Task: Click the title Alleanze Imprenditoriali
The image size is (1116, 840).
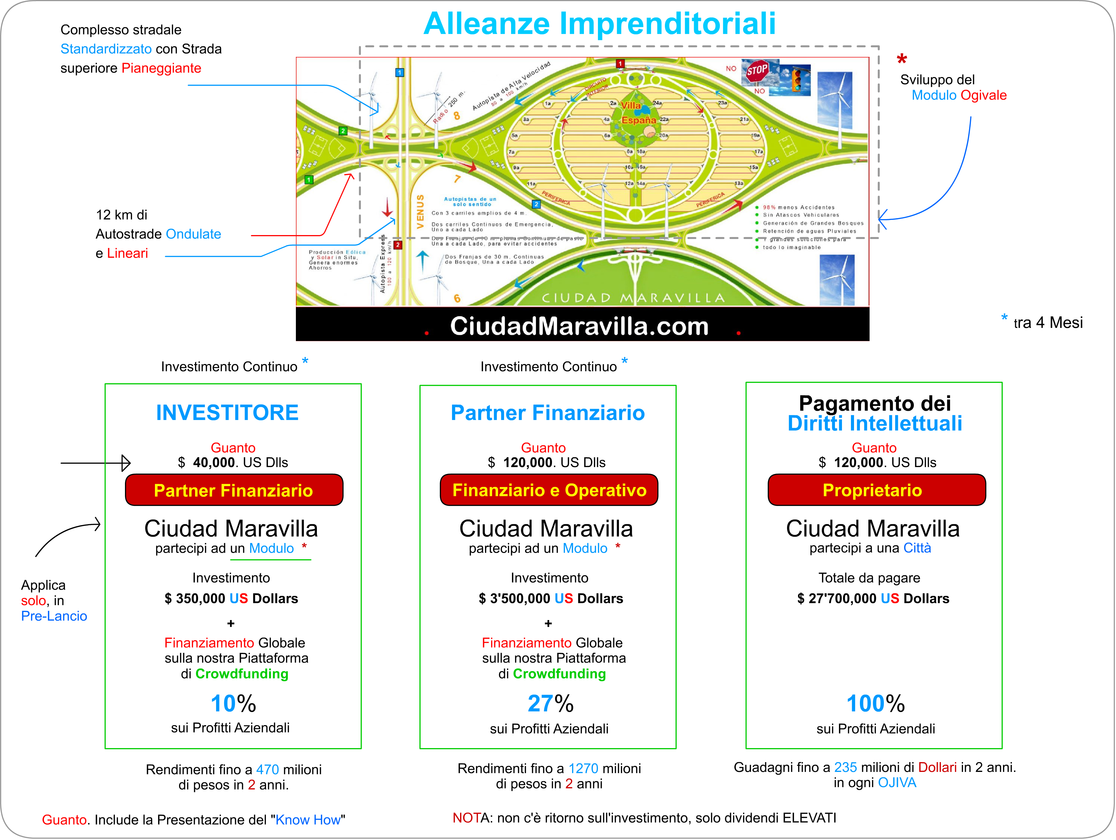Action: click(599, 24)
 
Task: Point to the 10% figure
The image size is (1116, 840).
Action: click(233, 703)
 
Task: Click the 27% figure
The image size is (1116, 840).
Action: click(550, 703)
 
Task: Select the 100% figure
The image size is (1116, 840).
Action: click(875, 703)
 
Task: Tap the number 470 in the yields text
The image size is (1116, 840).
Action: click(267, 769)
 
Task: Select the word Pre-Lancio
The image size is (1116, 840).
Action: click(54, 616)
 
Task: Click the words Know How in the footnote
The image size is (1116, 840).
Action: click(308, 820)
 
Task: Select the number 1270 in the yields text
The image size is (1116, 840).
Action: click(583, 768)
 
